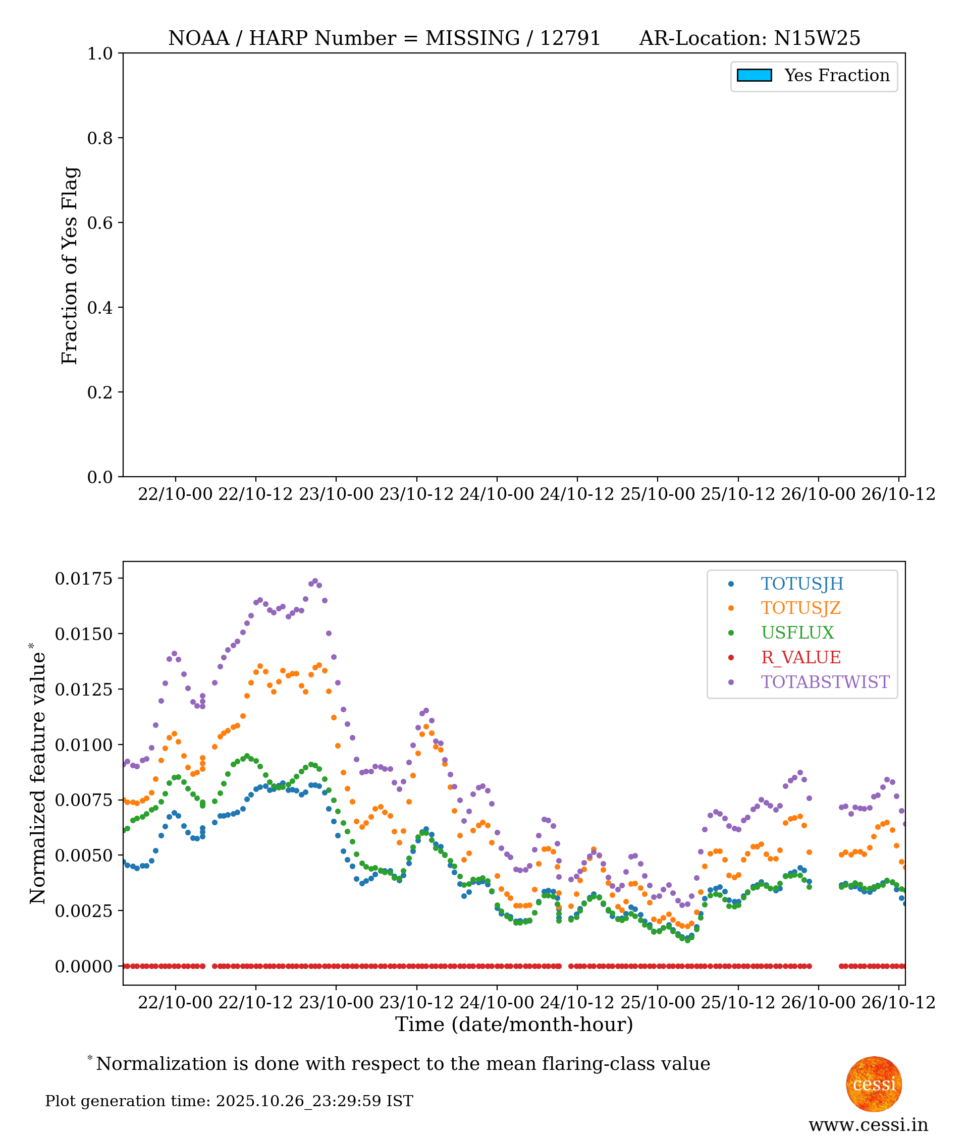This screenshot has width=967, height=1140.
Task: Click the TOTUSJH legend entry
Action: point(801,584)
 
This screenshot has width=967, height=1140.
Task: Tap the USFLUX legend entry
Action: point(797,633)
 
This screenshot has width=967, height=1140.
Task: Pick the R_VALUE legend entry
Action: point(800,658)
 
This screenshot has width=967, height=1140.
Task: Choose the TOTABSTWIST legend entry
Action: point(825,682)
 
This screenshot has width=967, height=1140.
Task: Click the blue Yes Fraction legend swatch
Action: point(755,76)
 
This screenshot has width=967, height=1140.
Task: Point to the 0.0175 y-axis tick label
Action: point(83,579)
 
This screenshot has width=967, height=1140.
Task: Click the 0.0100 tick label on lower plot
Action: point(83,745)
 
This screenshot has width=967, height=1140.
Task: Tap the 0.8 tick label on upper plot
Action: point(100,139)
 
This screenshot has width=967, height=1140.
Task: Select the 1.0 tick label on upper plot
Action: point(100,53)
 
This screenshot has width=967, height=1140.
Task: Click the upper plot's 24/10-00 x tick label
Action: point(496,495)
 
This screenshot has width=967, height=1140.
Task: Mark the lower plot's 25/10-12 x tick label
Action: point(738,1002)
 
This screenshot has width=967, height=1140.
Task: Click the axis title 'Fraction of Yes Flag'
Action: point(70,266)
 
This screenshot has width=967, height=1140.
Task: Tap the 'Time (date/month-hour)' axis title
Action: point(514,1025)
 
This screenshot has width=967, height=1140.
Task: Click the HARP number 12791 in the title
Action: point(570,38)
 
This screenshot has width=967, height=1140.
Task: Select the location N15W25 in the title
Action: point(817,38)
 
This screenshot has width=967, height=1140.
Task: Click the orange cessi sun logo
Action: point(874,1084)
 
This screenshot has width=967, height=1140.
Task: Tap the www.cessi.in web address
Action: point(868,1125)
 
